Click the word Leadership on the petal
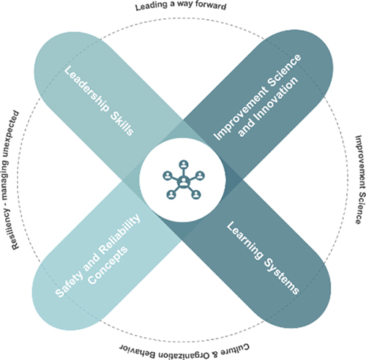86,90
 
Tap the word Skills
122,124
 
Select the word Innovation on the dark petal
268,107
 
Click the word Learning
244,240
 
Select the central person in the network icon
183,181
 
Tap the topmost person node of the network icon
184,164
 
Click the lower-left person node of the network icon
171,195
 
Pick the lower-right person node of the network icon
196,195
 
